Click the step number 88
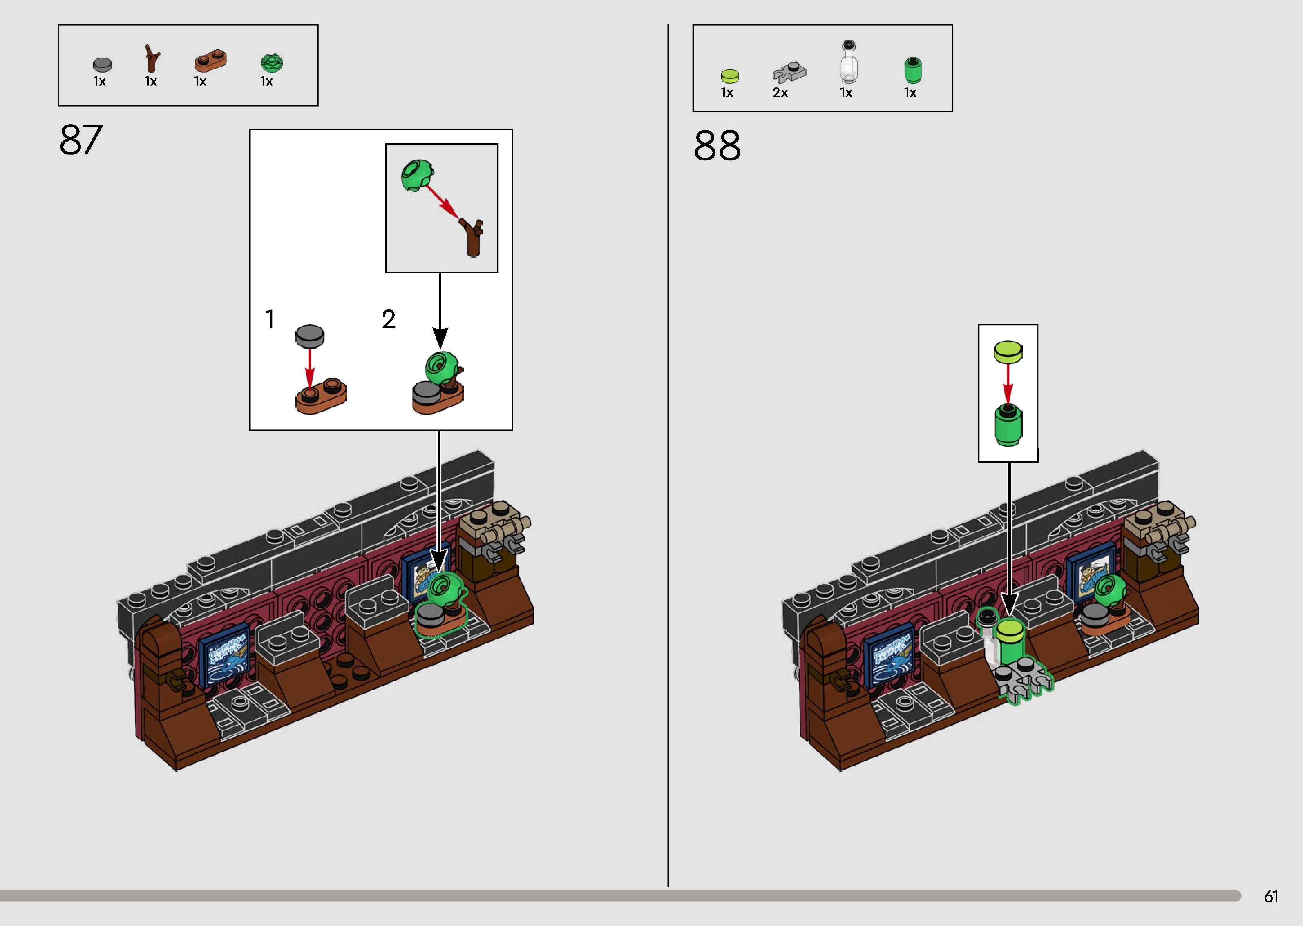(717, 146)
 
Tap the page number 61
(1270, 896)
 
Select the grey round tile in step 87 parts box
(102, 64)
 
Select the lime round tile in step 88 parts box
(730, 76)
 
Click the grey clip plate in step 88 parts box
(789, 72)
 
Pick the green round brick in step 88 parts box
(912, 70)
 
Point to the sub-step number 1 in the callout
(270, 319)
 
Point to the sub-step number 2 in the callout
(389, 319)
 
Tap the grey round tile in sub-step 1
(310, 336)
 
